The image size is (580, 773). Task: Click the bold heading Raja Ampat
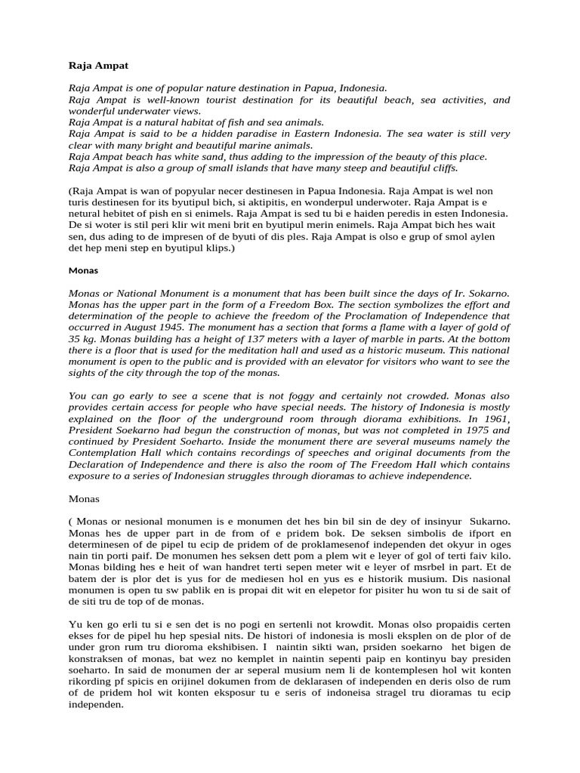click(x=93, y=66)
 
